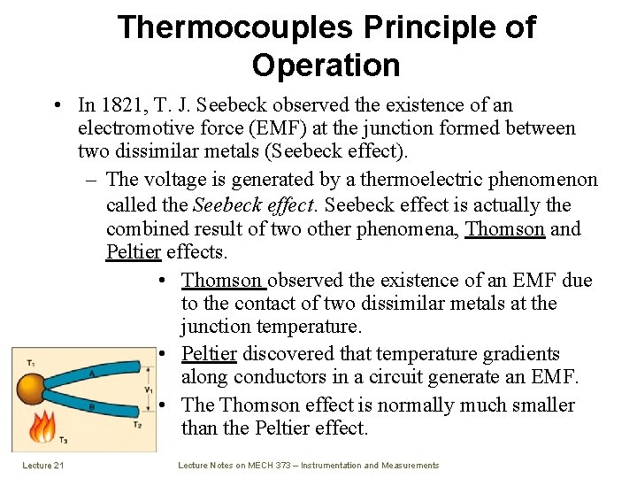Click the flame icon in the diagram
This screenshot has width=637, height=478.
[x=42, y=427]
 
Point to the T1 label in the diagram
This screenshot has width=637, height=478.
[x=30, y=362]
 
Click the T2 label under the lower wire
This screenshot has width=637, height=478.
[x=137, y=426]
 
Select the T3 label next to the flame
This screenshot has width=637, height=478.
[x=63, y=441]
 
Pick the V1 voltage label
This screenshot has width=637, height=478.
[x=148, y=390]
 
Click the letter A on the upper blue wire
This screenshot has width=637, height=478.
[x=91, y=373]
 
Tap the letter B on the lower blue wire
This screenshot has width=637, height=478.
[x=91, y=407]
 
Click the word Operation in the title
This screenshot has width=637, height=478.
[x=326, y=66]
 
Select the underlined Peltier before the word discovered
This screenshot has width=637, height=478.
[x=209, y=354]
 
